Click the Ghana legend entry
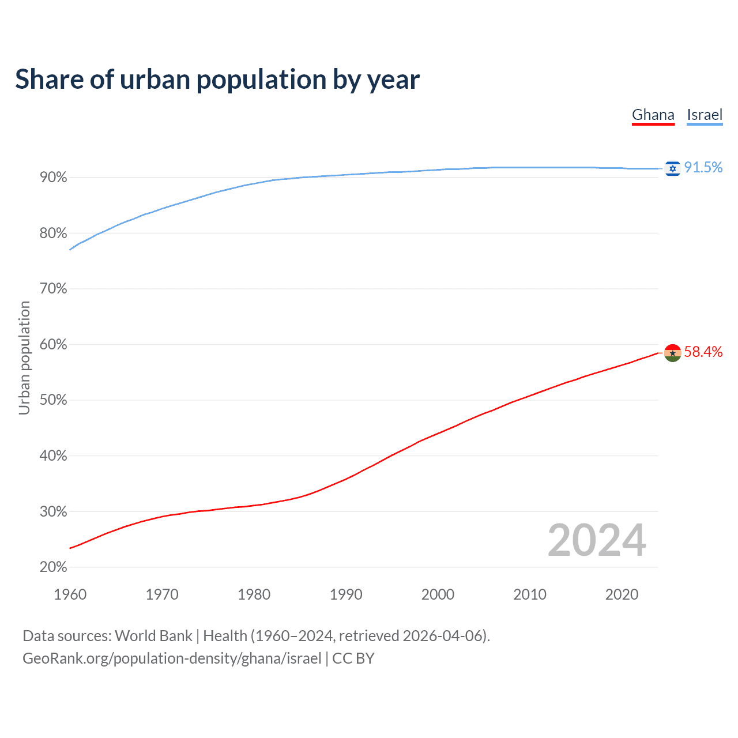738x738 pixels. coord(653,115)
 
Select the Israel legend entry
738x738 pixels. coord(705,115)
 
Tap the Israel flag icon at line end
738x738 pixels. coord(672,168)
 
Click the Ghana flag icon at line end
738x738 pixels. coord(673,353)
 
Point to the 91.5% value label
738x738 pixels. coord(703,167)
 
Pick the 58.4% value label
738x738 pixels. coord(703,352)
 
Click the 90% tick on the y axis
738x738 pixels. coord(54,178)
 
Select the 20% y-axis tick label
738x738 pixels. coord(54,567)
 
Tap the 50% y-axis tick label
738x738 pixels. coord(54,400)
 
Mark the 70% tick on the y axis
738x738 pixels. coord(54,289)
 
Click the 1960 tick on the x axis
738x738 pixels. coord(70,594)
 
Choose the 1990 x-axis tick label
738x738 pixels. coord(346,594)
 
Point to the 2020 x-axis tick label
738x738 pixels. coord(622,594)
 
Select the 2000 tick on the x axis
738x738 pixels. coord(438,594)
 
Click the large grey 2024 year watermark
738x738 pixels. coord(597,540)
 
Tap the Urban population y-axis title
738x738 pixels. coord(24,358)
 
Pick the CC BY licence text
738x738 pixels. coord(353,658)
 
